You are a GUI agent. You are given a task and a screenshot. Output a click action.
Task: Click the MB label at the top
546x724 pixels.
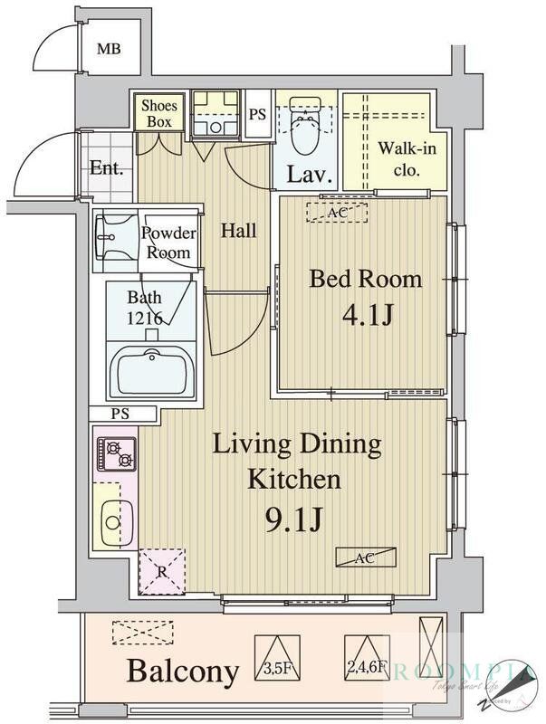click(110, 48)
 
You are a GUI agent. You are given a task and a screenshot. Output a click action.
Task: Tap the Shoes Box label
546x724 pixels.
click(159, 113)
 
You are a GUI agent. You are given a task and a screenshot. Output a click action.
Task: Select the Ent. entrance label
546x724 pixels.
click(106, 167)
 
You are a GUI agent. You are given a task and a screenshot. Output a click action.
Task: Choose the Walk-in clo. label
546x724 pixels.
click(399, 158)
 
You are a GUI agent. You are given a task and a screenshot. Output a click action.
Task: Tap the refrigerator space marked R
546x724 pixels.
click(160, 571)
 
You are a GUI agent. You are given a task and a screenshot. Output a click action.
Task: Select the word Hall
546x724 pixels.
click(238, 230)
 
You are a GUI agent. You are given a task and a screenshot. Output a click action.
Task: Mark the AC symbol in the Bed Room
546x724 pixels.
click(337, 213)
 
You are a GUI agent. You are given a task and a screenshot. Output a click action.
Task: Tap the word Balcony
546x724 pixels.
click(183, 672)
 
